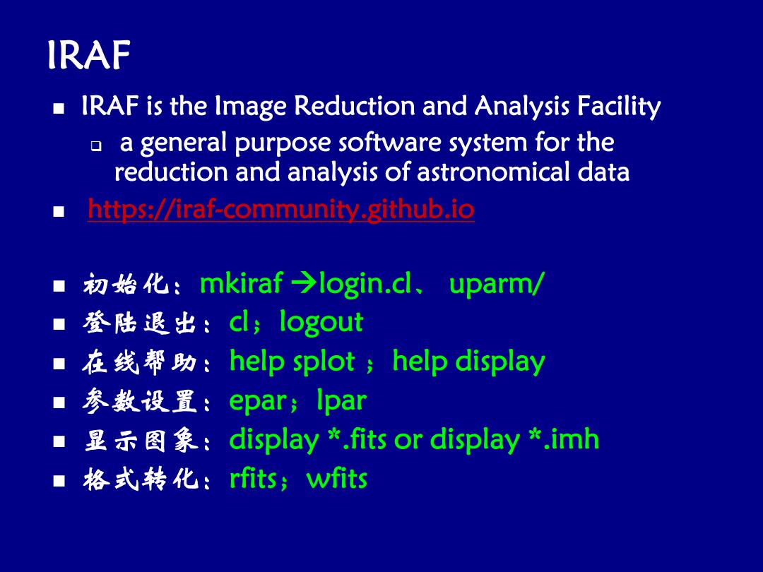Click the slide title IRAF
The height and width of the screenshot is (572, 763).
point(89,55)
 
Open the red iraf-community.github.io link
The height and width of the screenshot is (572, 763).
point(280,210)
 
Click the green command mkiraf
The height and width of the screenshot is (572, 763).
point(242,282)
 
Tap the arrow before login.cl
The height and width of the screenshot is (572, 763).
point(304,284)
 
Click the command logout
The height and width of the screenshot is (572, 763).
point(321,323)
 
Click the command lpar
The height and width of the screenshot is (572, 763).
point(342,401)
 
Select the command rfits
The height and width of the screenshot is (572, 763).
point(253,479)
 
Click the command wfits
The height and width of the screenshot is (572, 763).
point(337,479)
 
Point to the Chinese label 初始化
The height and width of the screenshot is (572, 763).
point(126,284)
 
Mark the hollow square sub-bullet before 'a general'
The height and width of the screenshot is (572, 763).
point(96,145)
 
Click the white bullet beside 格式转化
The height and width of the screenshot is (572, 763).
point(59,481)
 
